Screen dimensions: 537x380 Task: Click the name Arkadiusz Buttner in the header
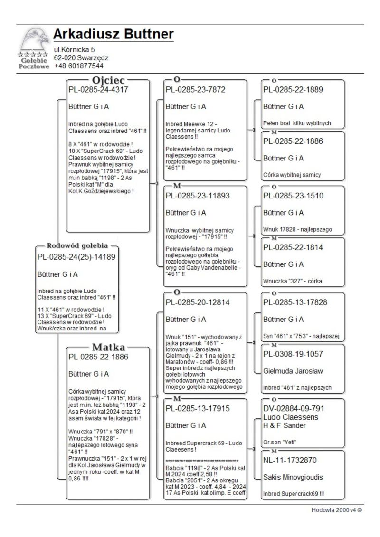[113, 35]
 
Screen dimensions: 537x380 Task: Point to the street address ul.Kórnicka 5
[74, 49]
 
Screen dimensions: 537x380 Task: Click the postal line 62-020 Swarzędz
[81, 58]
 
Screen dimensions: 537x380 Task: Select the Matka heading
[108, 346]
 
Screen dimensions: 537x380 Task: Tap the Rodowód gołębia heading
[77, 246]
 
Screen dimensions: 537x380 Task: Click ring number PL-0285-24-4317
[98, 89]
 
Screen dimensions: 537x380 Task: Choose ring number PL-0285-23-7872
[195, 89]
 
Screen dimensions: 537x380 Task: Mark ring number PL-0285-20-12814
[198, 302]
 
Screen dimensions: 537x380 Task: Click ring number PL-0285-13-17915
[198, 408]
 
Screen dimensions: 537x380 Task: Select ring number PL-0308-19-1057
[293, 354]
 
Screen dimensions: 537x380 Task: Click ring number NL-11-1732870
[290, 460]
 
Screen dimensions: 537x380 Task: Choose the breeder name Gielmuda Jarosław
[294, 371]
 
